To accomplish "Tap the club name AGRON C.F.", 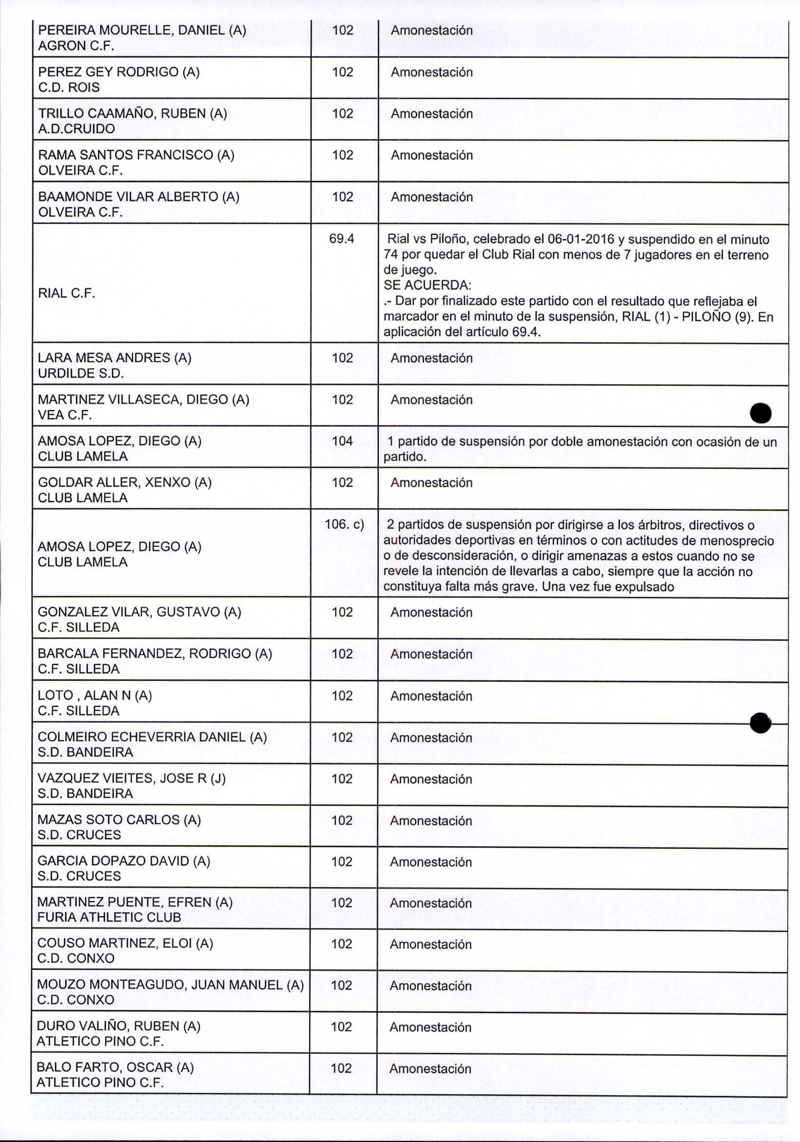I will click(x=76, y=46).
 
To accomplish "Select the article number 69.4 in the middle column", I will click(x=342, y=239).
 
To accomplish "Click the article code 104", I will click(x=343, y=441).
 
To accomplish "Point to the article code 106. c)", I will click(x=344, y=524).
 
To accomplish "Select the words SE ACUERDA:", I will click(x=427, y=285).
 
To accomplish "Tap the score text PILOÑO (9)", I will click(x=717, y=316).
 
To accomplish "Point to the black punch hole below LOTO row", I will click(x=760, y=723).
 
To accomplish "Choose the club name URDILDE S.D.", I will click(x=80, y=373).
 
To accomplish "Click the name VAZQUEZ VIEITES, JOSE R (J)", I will click(x=132, y=778).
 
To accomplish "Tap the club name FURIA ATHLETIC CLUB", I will click(x=109, y=917).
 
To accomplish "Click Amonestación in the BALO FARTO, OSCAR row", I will click(x=430, y=1068).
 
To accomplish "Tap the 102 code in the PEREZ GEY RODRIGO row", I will click(x=343, y=72).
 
